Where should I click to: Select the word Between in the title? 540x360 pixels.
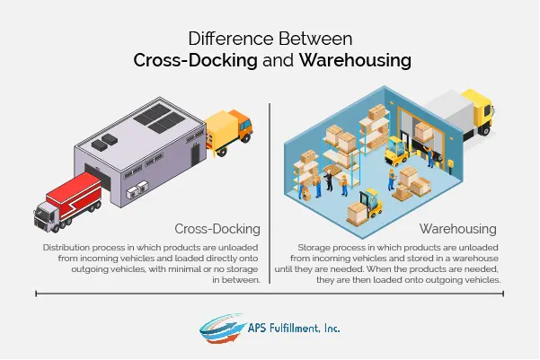point(315,39)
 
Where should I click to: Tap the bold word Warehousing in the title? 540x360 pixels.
point(355,60)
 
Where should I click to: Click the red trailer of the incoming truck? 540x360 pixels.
point(74,195)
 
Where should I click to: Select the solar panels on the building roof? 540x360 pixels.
point(159,119)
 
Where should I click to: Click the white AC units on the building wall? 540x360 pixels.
point(137,190)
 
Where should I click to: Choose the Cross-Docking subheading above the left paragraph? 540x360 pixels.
point(217,229)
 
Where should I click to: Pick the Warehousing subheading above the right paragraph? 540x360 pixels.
point(457,229)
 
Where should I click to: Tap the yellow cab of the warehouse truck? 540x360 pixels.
point(481,110)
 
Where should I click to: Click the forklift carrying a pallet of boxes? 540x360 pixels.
point(367,207)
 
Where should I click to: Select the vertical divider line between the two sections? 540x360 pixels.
point(270,193)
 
